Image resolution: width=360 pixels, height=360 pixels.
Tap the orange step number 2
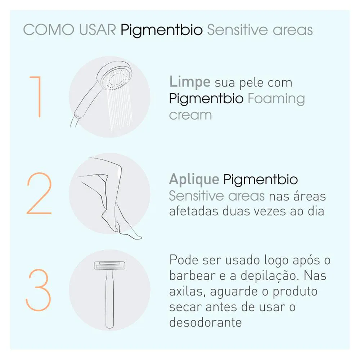[39, 193]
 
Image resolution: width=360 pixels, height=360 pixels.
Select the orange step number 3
[38, 290]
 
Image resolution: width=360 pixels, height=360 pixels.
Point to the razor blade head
[109, 265]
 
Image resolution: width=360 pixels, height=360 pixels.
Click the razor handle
[109, 298]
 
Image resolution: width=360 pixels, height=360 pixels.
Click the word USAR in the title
[98, 30]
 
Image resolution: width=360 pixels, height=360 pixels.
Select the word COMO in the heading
[49, 30]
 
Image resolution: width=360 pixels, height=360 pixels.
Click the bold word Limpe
[190, 82]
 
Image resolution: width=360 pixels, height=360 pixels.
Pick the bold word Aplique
[194, 180]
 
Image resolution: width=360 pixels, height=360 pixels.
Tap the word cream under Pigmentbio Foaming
[190, 115]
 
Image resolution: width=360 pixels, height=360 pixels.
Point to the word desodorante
[206, 322]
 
